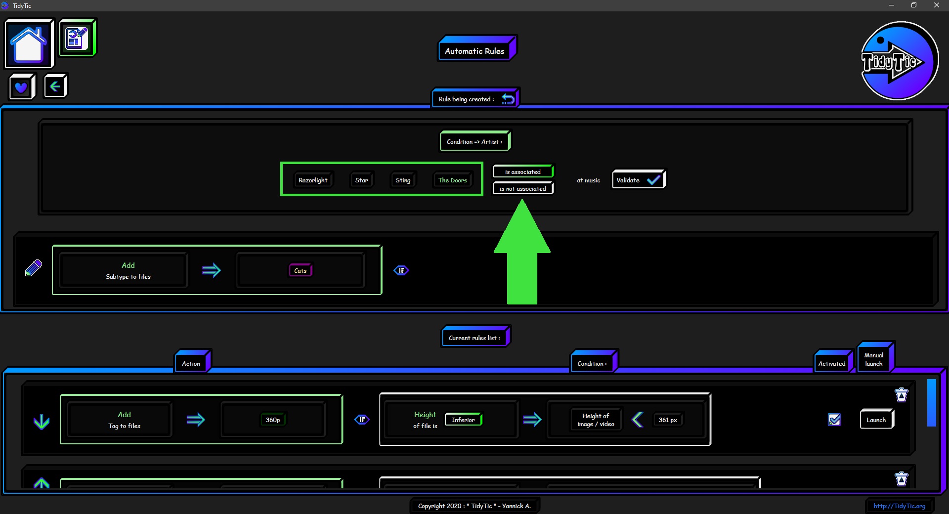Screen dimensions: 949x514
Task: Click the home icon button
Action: (29, 43)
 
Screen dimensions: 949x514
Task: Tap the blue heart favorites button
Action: (22, 87)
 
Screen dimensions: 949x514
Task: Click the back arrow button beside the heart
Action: (55, 86)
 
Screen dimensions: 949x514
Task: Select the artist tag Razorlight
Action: (313, 180)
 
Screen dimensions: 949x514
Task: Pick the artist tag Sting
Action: (403, 180)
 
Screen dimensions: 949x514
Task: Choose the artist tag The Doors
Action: (452, 180)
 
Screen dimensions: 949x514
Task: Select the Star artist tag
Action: (361, 180)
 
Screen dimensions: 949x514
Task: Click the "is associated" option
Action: (523, 171)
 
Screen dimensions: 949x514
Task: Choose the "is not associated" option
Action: (523, 188)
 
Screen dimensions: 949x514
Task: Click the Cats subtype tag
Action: (301, 270)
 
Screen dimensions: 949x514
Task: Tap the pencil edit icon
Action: (34, 268)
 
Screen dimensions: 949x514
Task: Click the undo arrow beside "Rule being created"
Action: (508, 99)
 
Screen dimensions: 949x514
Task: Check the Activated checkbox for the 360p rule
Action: (834, 420)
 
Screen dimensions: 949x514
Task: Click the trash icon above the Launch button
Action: (902, 395)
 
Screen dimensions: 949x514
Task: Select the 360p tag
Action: (273, 420)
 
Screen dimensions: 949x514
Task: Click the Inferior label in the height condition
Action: (463, 420)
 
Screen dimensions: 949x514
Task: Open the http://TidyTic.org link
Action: (899, 506)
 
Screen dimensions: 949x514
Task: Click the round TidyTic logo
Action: (900, 61)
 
